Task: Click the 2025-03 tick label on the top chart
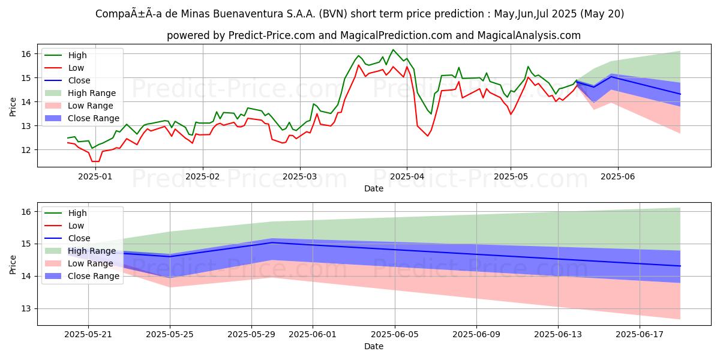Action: click(300, 176)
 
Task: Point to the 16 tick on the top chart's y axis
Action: click(26, 54)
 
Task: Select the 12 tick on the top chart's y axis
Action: click(26, 150)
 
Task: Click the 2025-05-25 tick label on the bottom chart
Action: click(170, 335)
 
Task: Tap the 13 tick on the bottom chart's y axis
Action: click(26, 308)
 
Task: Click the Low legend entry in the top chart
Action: click(76, 68)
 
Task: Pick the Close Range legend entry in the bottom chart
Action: click(94, 276)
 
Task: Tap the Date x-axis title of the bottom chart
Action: click(373, 346)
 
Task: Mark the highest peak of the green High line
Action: click(393, 50)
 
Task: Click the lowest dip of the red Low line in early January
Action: click(95, 161)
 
